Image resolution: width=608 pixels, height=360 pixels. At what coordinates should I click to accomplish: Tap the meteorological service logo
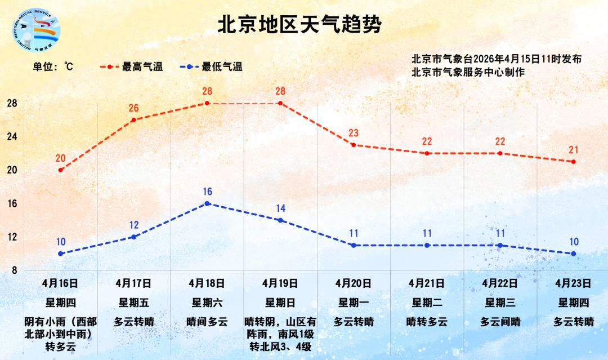(35, 33)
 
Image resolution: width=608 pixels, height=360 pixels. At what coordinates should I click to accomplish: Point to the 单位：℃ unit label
(53, 66)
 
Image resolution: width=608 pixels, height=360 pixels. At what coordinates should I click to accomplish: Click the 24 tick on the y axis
(12, 137)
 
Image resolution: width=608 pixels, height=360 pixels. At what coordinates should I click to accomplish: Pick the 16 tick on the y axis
(12, 203)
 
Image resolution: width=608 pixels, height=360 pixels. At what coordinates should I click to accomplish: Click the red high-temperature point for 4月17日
(133, 120)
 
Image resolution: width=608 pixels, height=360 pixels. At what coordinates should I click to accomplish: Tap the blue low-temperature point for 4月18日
(207, 203)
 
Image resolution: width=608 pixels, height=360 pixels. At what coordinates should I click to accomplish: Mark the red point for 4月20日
(353, 145)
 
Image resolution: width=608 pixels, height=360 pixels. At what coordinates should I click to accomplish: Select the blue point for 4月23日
(574, 254)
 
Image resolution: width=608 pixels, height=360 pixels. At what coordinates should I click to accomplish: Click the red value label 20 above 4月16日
(61, 158)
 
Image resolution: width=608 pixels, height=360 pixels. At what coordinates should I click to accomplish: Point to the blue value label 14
(280, 208)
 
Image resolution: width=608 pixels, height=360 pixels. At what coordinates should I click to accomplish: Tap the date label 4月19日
(280, 283)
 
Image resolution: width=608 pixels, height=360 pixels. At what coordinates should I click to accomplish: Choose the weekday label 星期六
(207, 303)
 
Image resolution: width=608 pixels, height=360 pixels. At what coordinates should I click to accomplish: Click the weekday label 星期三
(500, 303)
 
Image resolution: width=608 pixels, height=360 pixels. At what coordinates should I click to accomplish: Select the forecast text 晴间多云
(207, 322)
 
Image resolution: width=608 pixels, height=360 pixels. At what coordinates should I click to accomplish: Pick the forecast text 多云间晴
(500, 322)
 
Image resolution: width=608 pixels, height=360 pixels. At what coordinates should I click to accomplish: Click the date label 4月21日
(427, 283)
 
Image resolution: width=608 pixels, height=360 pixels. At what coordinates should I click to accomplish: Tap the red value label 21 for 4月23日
(574, 150)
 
